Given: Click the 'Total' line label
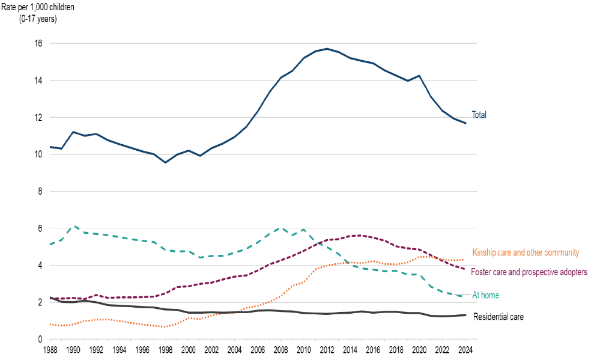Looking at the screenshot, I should pos(479,115).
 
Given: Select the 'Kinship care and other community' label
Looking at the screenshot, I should pos(526,253).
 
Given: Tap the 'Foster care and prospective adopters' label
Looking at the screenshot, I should pos(529,272).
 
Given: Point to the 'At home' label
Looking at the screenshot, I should pos(485,295).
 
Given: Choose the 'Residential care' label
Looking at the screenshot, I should pos(499,316).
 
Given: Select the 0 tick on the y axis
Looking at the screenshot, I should pos(40,340).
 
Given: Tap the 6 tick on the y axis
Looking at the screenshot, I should pos(40,228).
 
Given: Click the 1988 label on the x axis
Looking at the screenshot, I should pos(50,350).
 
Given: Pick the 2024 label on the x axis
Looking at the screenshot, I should pos(464,350).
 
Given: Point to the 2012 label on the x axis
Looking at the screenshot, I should pos(327,350).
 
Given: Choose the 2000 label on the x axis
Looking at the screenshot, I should pos(189,350).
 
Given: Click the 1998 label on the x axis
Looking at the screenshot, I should pos(166,350).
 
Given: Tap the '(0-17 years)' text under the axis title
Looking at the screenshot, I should pos(40,18).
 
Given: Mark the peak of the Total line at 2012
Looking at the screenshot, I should pos(327,49).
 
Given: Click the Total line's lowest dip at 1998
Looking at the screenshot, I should pos(166,162).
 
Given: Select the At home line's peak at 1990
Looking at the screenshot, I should pos(74,227).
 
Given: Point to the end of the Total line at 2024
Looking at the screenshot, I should pos(464,123).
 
